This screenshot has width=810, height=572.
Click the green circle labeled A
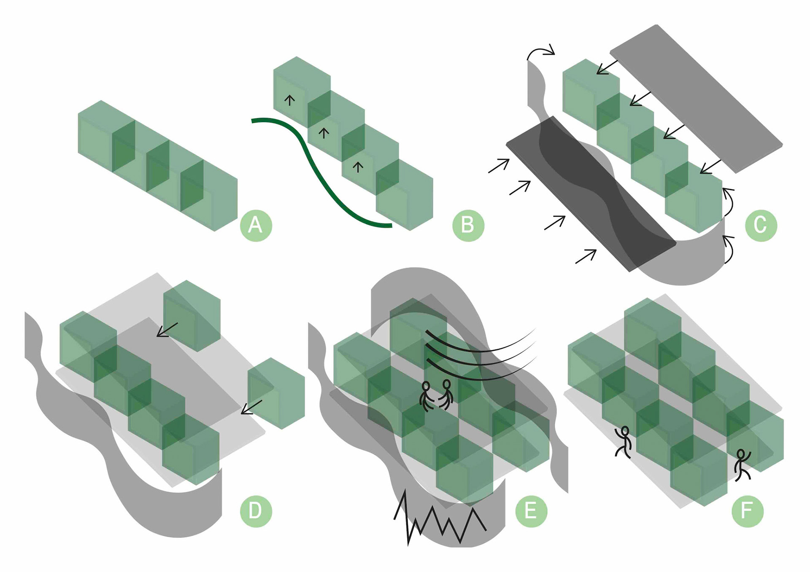pyautogui.click(x=256, y=225)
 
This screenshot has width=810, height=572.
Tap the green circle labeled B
pyautogui.click(x=468, y=225)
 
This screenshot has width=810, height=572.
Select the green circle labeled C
pyautogui.click(x=761, y=225)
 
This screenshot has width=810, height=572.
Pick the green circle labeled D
pyautogui.click(x=256, y=511)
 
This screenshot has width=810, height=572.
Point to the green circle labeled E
pyautogui.click(x=531, y=511)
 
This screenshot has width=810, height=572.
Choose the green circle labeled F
pyautogui.click(x=747, y=511)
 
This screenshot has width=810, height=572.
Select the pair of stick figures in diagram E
pyautogui.click(x=437, y=395)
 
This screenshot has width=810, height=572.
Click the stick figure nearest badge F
pyautogui.click(x=742, y=465)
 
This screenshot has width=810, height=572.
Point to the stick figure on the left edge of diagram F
pyautogui.click(x=624, y=442)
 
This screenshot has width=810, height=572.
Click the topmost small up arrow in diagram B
pyautogui.click(x=289, y=100)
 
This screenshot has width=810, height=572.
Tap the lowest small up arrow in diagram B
pyautogui.click(x=358, y=167)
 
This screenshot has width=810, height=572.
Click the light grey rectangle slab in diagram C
pyautogui.click(x=696, y=99)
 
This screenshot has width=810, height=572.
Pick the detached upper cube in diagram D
pyautogui.click(x=192, y=315)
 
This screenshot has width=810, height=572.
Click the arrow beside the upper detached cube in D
pyautogui.click(x=167, y=330)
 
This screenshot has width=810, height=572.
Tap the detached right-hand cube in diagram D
pyautogui.click(x=276, y=393)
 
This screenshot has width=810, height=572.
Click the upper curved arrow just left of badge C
pyautogui.click(x=729, y=202)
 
